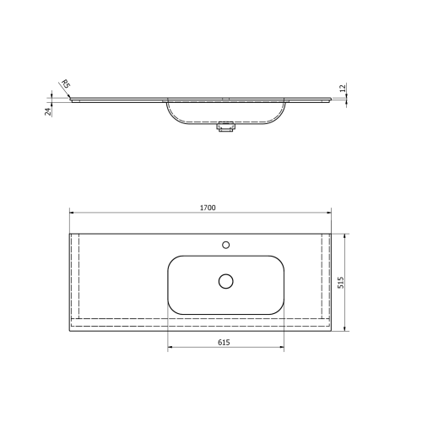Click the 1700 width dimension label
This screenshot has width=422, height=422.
tap(208, 207)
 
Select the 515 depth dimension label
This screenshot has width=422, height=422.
tap(341, 281)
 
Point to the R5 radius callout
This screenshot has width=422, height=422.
tap(64, 84)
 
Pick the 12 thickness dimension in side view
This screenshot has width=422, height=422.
tap(343, 88)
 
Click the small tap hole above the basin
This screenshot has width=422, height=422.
tap(225, 245)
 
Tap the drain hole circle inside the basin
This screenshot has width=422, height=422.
tap(225, 280)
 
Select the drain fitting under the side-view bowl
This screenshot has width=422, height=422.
tap(225, 128)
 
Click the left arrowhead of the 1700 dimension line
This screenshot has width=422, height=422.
tap(70, 214)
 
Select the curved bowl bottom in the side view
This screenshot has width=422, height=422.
tap(225, 122)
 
